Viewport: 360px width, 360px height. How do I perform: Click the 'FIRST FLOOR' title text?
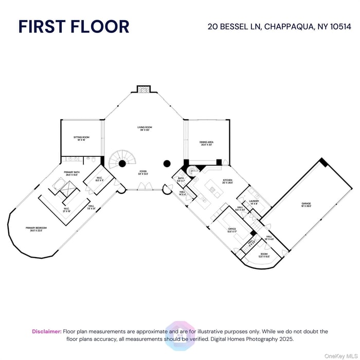(74, 27)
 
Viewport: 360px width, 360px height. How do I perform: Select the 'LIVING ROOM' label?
(144, 129)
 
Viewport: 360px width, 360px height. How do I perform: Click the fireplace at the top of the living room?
(144, 89)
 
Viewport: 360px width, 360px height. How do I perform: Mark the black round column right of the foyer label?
(167, 164)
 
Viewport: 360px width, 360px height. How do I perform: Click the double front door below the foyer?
(146, 189)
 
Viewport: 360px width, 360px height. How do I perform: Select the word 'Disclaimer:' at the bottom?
(47, 332)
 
